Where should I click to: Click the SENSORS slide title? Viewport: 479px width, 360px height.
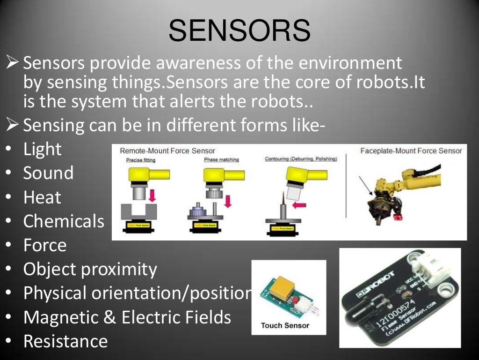239,30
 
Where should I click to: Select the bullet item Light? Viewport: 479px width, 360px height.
43,149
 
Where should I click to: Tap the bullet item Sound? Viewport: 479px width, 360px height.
48,173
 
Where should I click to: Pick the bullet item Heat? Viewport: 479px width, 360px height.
42,197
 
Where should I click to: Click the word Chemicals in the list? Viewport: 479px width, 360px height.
64,221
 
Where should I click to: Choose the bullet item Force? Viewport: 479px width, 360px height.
45,245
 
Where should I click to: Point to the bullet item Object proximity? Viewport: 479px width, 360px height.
90,269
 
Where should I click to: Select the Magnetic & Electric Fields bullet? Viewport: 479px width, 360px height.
127,317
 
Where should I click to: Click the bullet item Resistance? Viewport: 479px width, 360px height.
65,341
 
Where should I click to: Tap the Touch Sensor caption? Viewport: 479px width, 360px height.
285,325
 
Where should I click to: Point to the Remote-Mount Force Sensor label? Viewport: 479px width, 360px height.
167,151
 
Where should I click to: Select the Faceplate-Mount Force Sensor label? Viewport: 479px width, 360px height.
411,151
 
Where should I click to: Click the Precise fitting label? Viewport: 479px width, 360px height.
141,160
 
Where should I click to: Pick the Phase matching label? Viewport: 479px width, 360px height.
221,160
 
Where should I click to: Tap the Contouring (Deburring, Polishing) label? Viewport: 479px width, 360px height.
300,159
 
